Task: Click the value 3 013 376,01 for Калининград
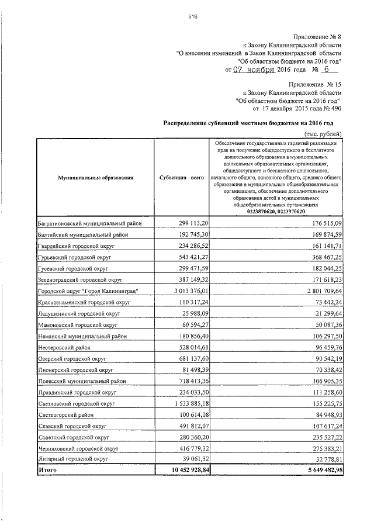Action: [183, 291]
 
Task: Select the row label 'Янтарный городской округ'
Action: [72, 459]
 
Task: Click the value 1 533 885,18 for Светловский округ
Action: [183, 403]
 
